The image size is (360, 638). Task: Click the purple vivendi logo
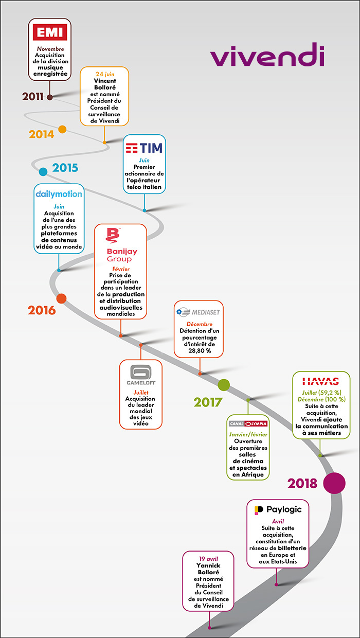(267, 57)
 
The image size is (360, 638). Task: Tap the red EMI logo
(49, 33)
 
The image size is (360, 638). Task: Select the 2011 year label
(32, 97)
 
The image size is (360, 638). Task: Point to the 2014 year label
(42, 134)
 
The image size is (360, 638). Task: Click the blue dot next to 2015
(43, 172)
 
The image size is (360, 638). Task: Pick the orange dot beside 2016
(61, 298)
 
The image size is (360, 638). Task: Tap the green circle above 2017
(224, 384)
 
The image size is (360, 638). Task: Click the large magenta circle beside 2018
(334, 483)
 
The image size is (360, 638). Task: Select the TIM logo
(144, 148)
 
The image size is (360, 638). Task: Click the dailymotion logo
(59, 194)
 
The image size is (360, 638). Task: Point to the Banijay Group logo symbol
(112, 236)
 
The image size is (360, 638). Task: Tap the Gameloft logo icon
(140, 371)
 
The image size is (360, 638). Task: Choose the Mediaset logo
(199, 312)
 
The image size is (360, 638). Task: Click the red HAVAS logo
(320, 381)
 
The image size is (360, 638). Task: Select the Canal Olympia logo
(248, 424)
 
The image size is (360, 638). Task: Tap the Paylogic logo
(278, 509)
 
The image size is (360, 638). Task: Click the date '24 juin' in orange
(104, 74)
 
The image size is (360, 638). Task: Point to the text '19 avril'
(208, 558)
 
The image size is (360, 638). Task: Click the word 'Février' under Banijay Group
(121, 269)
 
